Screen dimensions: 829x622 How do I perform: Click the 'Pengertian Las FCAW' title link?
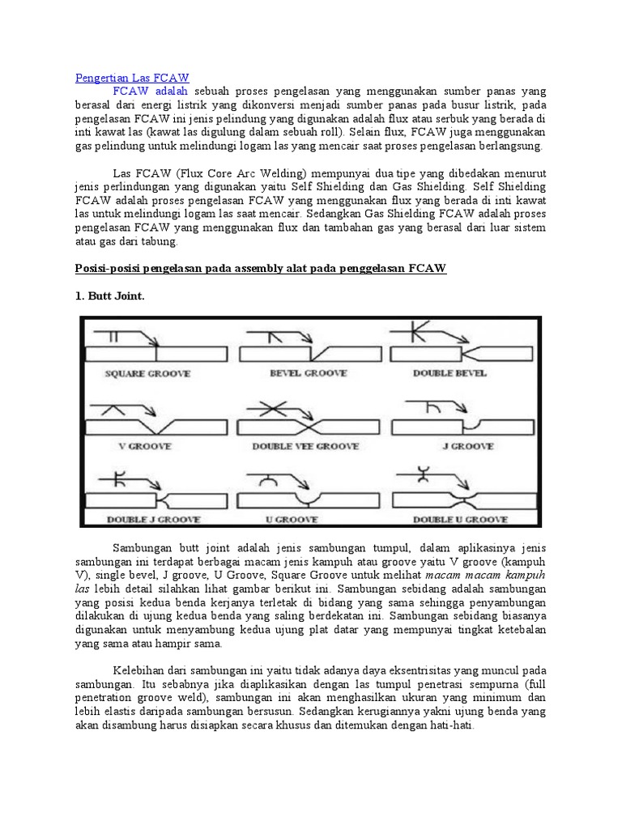click(x=132, y=78)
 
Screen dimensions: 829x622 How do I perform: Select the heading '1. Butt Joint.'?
click(x=109, y=296)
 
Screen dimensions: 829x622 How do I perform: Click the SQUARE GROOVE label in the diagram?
click(x=148, y=373)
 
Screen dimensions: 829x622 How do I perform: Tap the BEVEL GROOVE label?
click(x=308, y=373)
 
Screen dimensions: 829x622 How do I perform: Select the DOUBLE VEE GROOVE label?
click(x=305, y=446)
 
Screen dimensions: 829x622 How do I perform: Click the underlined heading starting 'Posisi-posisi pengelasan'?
click(x=261, y=268)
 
